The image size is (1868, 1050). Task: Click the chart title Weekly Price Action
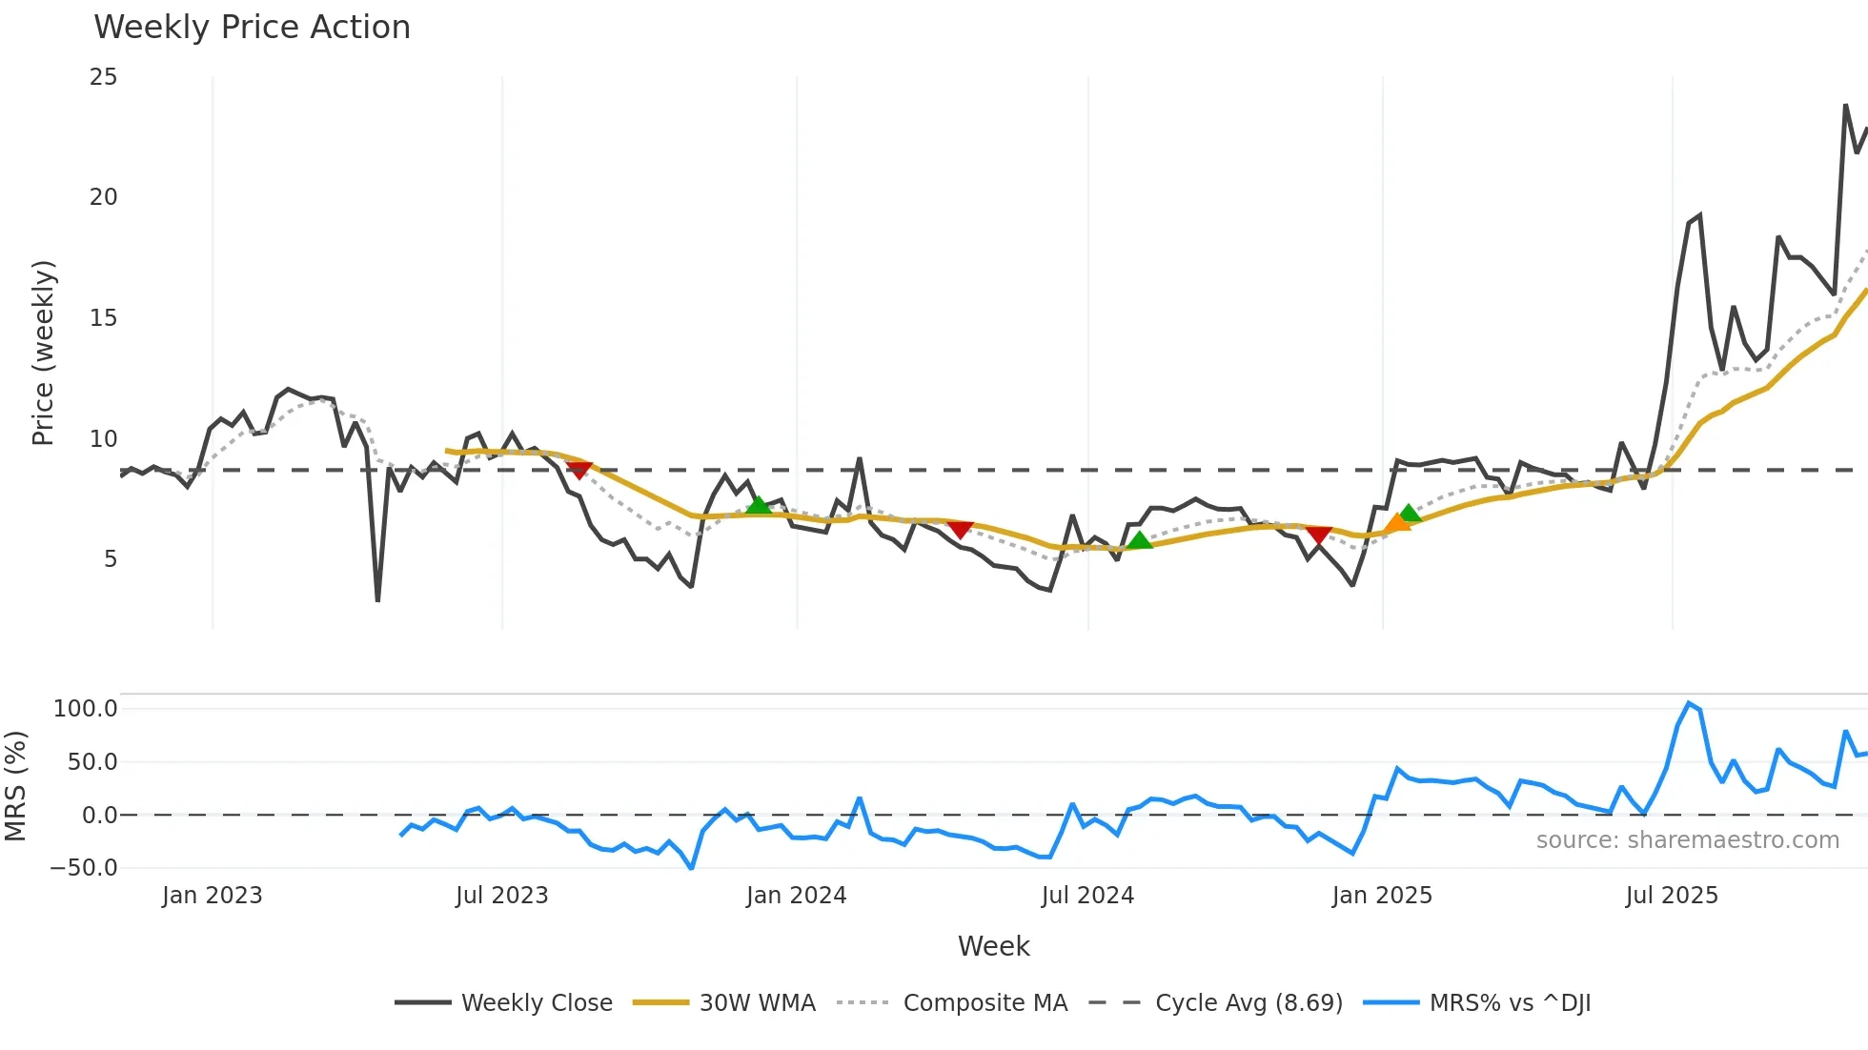252,28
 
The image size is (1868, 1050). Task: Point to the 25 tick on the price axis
103,77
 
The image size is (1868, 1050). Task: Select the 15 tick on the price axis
103,318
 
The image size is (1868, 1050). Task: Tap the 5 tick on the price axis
110,559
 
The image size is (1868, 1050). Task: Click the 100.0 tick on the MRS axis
85,709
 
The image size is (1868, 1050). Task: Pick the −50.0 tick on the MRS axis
84,868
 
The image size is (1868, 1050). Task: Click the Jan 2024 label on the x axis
796,896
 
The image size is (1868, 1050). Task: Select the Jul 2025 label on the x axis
1672,896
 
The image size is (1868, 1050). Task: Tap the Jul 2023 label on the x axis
501,896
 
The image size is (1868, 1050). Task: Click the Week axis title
993,946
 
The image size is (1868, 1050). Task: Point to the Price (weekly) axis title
44,353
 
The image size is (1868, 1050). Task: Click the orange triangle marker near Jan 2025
1396,522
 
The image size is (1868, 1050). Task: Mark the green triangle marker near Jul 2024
1139,540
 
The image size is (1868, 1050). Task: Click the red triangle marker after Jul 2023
579,470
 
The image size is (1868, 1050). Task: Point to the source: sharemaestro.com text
1687,840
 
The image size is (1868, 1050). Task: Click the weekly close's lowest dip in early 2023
378,599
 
